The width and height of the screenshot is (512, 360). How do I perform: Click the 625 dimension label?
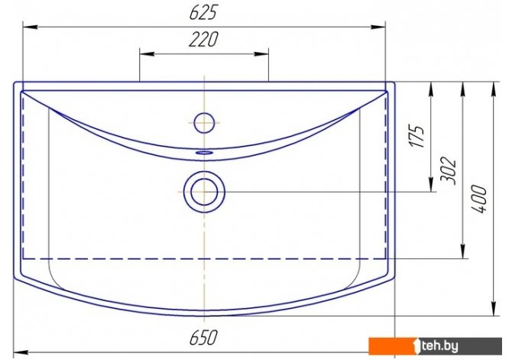[203, 14]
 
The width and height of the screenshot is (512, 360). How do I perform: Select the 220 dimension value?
[203, 40]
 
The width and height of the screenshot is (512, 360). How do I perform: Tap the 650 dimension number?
[203, 338]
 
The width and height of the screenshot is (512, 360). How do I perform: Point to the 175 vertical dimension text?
[417, 136]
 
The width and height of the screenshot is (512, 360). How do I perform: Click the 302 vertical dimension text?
[448, 171]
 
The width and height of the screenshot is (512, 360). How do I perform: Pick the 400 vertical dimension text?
[479, 199]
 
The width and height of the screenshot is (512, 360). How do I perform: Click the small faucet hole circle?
[204, 123]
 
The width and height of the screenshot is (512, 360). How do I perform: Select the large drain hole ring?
[204, 192]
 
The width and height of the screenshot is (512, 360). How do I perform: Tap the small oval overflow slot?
[204, 152]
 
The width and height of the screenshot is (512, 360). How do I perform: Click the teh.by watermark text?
[439, 345]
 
